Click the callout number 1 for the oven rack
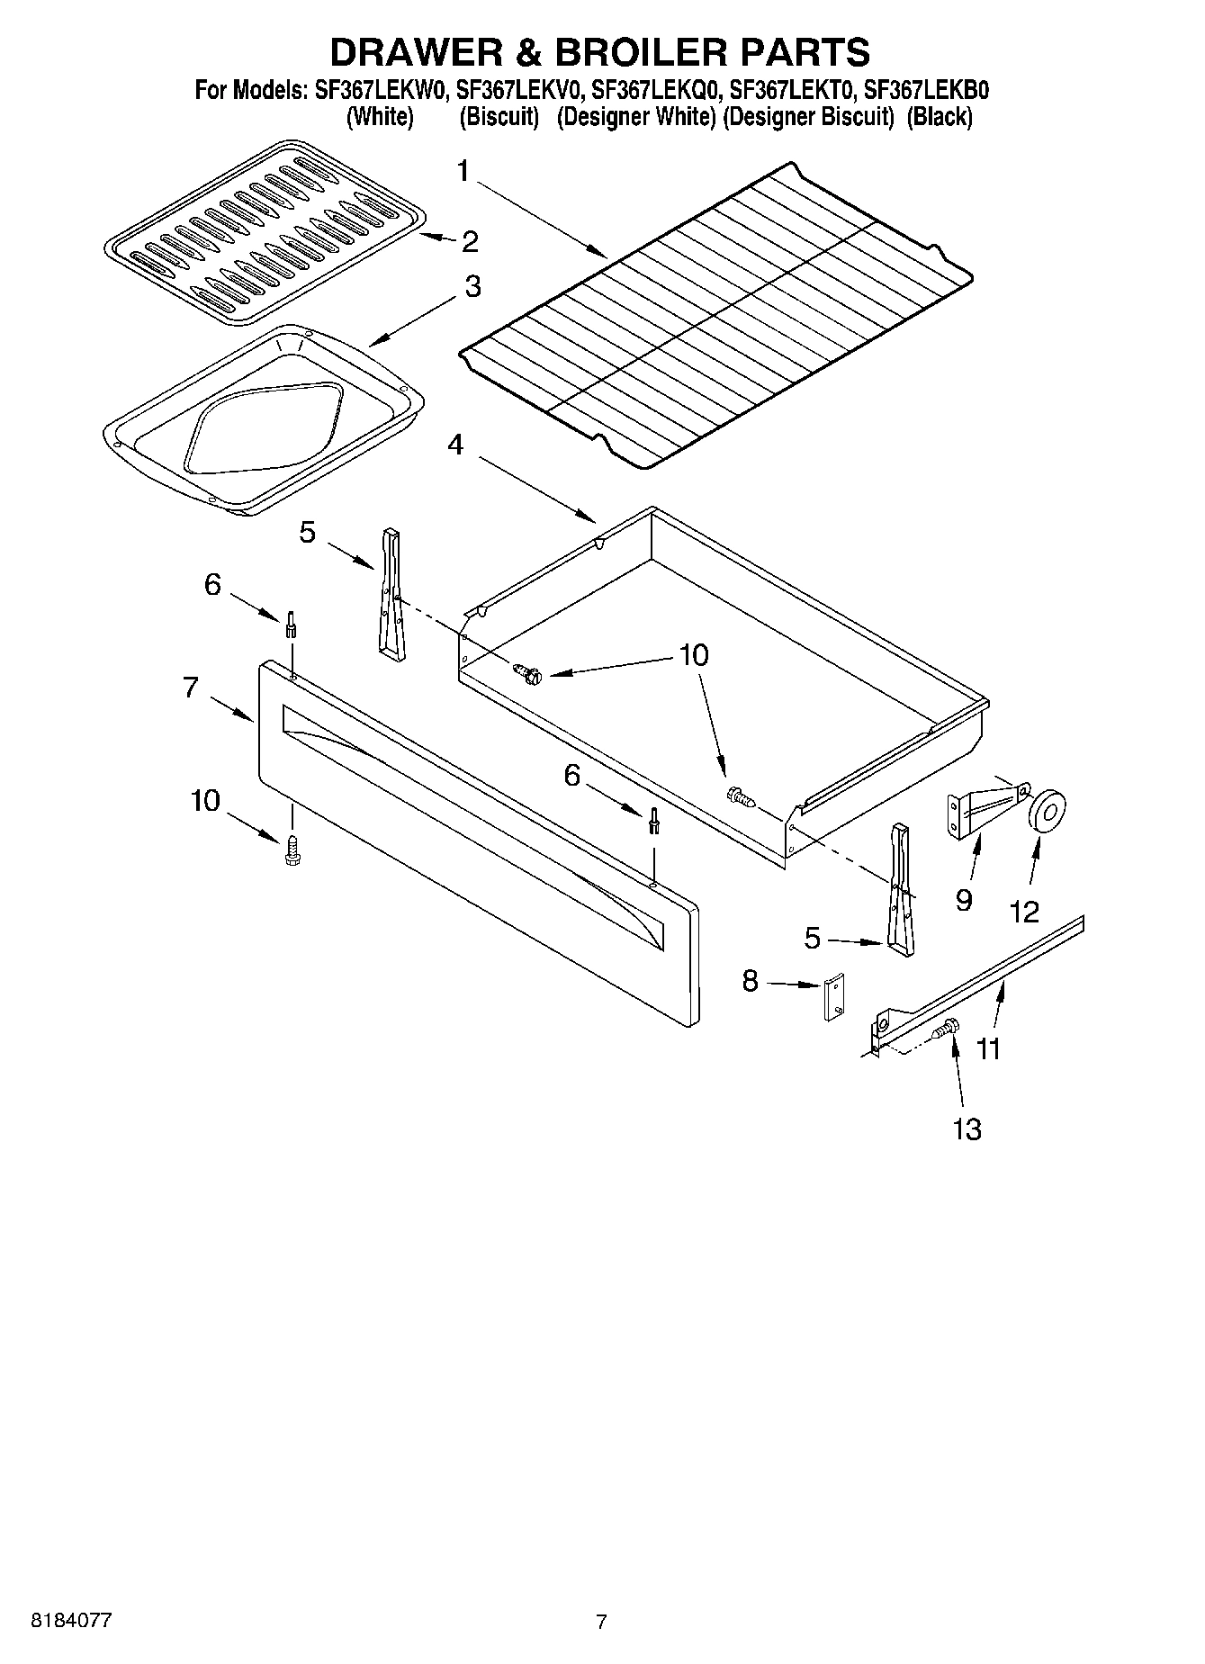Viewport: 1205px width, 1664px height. coord(463,171)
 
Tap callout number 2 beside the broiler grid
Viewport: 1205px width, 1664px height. coord(469,241)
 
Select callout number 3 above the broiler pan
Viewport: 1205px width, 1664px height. coord(472,288)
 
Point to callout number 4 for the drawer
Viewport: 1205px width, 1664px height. coord(456,445)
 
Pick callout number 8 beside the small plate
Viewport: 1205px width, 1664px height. coord(751,982)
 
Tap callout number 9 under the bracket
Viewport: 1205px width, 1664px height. coord(964,900)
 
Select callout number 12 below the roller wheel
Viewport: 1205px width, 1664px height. coord(1024,912)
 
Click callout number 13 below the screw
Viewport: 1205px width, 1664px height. coord(967,1129)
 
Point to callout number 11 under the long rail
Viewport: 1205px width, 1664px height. coord(988,1049)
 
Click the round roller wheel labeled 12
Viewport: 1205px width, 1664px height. coord(1047,809)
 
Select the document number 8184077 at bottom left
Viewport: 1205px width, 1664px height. coord(72,1621)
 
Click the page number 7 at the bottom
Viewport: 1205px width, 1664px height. coord(601,1623)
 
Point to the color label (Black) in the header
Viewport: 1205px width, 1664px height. coord(940,117)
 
